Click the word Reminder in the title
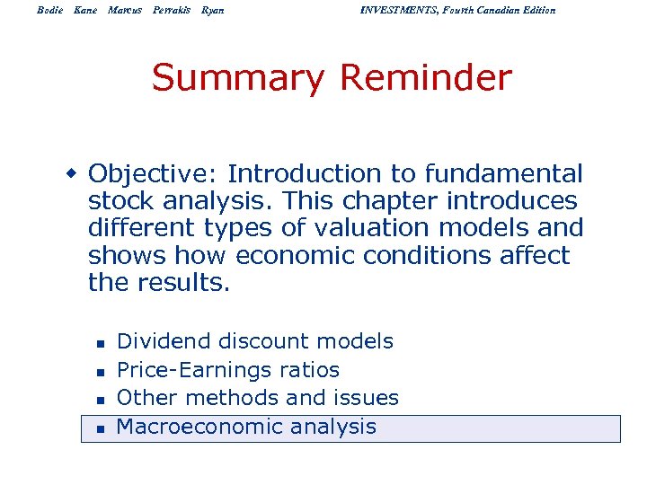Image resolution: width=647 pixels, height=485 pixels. [x=425, y=79]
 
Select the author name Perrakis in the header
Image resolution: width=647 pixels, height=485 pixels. [x=171, y=10]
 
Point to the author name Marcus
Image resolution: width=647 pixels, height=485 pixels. [x=125, y=10]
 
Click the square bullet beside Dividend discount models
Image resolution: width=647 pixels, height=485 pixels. [x=101, y=343]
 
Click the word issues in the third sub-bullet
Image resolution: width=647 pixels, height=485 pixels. [x=366, y=398]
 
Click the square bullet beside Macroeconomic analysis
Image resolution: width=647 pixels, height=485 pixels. [x=101, y=428]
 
